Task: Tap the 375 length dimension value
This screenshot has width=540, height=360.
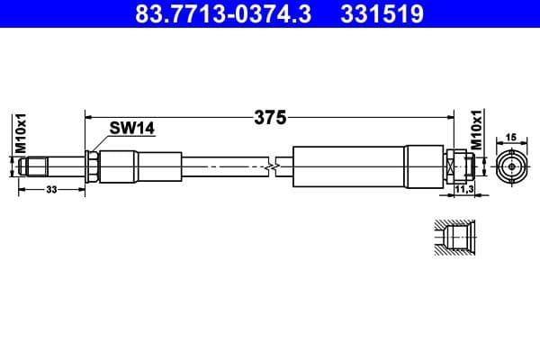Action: [x=269, y=117]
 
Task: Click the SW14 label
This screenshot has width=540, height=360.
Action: [x=132, y=129]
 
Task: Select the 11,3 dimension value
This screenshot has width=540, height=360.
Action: [x=464, y=191]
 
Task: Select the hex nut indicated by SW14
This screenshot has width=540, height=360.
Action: [x=92, y=166]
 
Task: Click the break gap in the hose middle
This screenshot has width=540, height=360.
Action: [x=272, y=166]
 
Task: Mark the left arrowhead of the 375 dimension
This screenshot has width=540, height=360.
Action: [x=88, y=116]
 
